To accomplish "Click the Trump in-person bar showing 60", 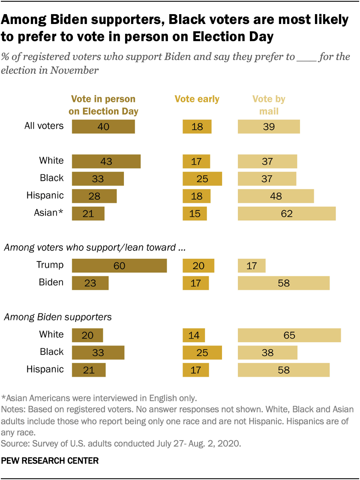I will (119, 266).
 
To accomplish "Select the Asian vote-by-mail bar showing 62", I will (287, 213).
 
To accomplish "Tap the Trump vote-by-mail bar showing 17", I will (252, 266).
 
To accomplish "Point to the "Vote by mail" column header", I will (269, 105).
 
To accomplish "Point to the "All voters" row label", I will (44, 126).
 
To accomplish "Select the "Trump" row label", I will (49, 265).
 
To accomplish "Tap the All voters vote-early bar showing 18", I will (197, 126).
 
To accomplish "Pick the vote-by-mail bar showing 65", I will (289, 335).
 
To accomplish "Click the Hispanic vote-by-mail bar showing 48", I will (276, 196).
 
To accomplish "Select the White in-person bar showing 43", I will (106, 161).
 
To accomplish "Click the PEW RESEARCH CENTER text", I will (50, 461).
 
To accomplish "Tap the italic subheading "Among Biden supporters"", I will (57, 318).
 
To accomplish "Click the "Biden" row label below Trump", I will (51, 282).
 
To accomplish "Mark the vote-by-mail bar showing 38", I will (267, 352).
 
